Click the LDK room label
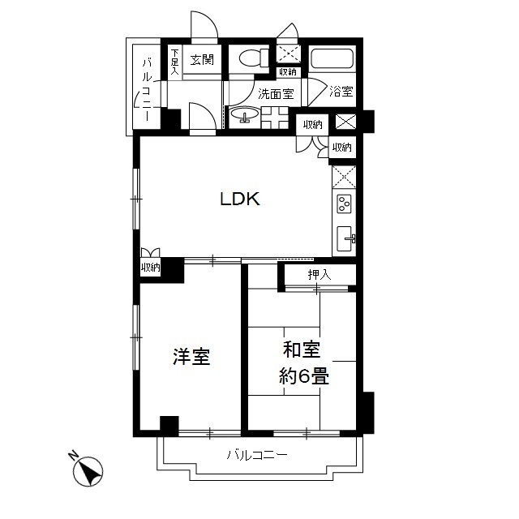coord(241,199)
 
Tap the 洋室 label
coord(191,357)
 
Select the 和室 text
coord(301,350)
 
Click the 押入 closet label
coord(320,275)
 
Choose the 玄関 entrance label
coord(202,58)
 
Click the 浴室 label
coord(341,92)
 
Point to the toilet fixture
coord(248,59)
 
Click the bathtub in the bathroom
coord(332,60)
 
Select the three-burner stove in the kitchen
coord(345,204)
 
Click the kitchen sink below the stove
coord(345,239)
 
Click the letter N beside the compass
coord(72,457)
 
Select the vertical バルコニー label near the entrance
coord(148,89)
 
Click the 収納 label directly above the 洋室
coord(151,268)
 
